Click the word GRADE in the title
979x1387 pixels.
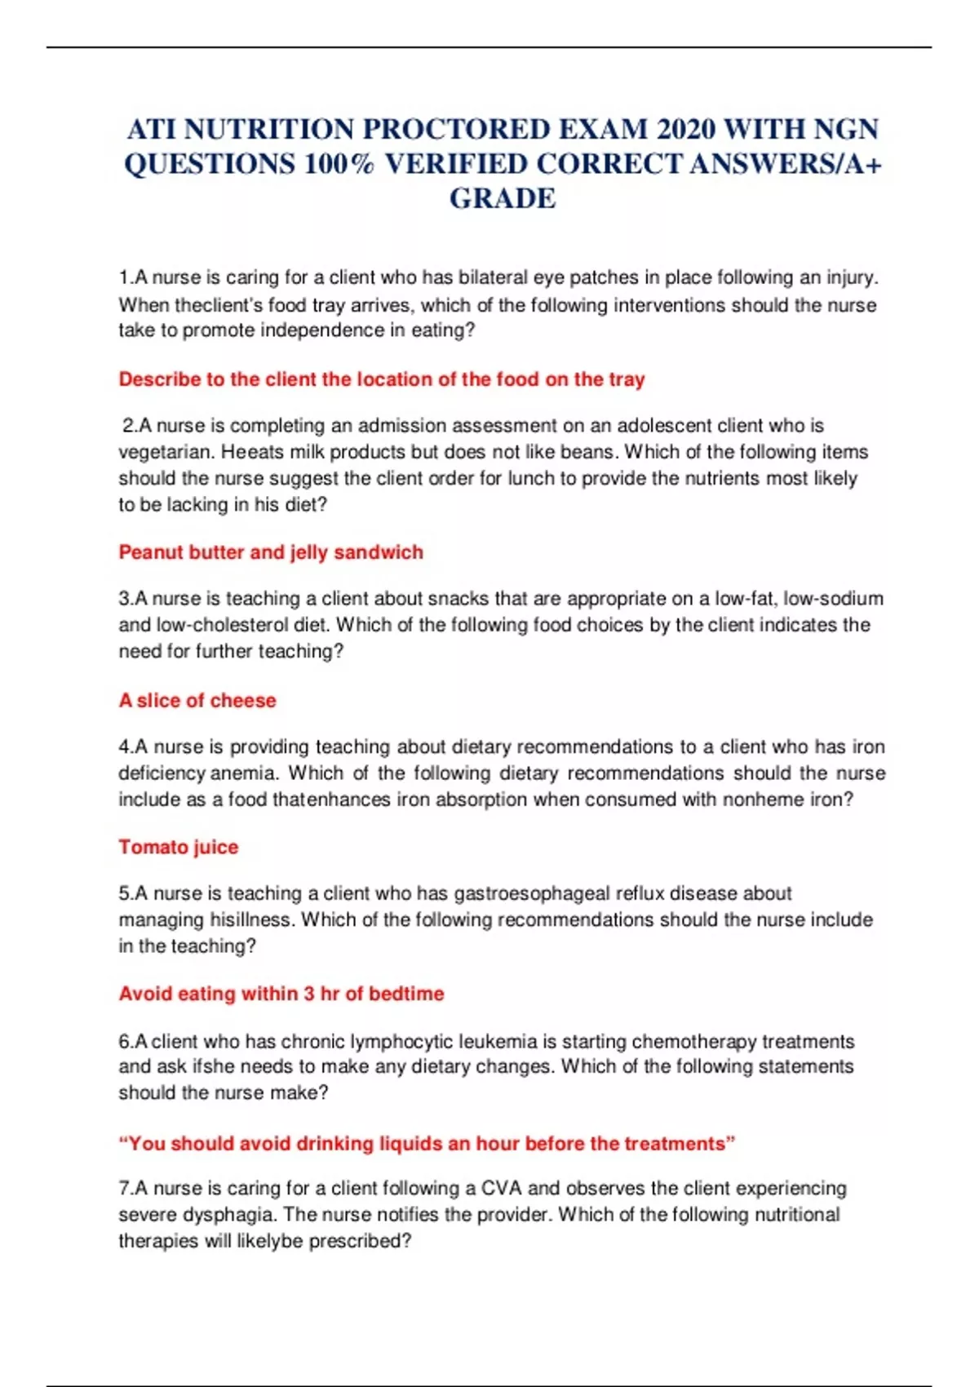tap(503, 198)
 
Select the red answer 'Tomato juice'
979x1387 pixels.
tap(179, 847)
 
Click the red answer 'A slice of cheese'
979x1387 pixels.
tap(197, 700)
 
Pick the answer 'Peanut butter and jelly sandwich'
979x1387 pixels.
tap(271, 552)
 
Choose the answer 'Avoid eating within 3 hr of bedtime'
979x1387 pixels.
tap(281, 994)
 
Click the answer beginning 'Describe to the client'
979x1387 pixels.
tap(382, 379)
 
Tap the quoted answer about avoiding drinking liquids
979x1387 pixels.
tap(427, 1143)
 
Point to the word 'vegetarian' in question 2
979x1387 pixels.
tap(163, 452)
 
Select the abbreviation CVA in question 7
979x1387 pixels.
tap(501, 1188)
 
